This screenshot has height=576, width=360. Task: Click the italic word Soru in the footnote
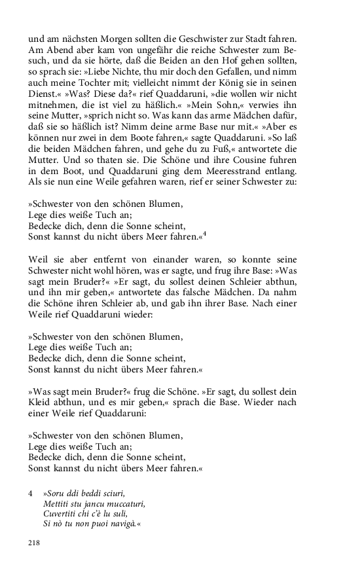coord(58,493)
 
